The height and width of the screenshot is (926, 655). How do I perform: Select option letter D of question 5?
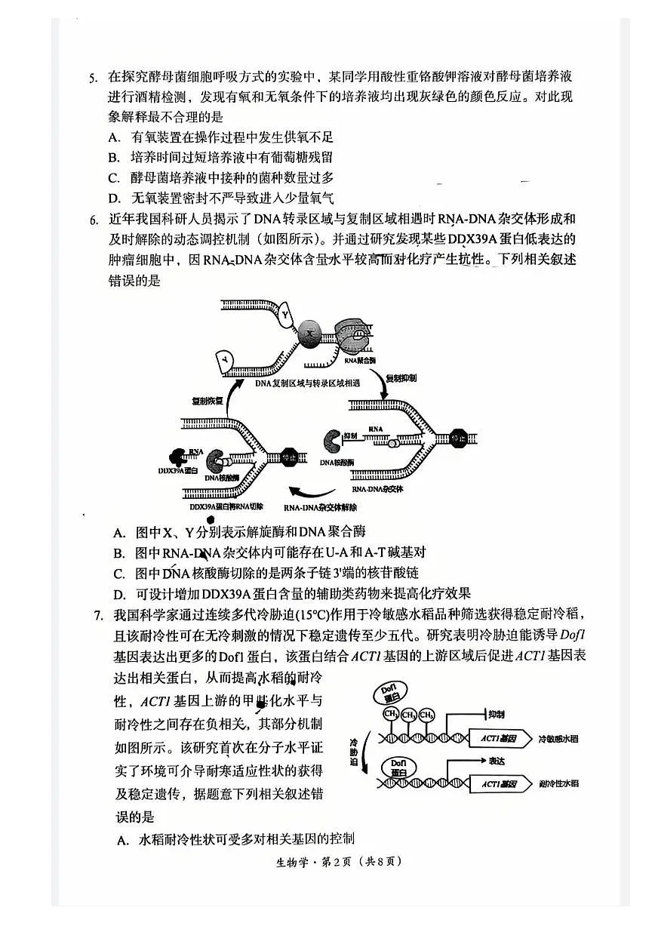click(115, 198)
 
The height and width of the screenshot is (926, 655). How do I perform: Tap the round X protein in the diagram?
click(309, 332)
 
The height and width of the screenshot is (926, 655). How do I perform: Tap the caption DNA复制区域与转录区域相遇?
click(307, 383)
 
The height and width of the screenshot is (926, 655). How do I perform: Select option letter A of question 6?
click(119, 533)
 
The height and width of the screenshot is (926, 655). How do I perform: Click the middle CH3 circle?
click(409, 715)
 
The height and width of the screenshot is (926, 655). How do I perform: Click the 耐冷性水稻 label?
click(559, 784)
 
